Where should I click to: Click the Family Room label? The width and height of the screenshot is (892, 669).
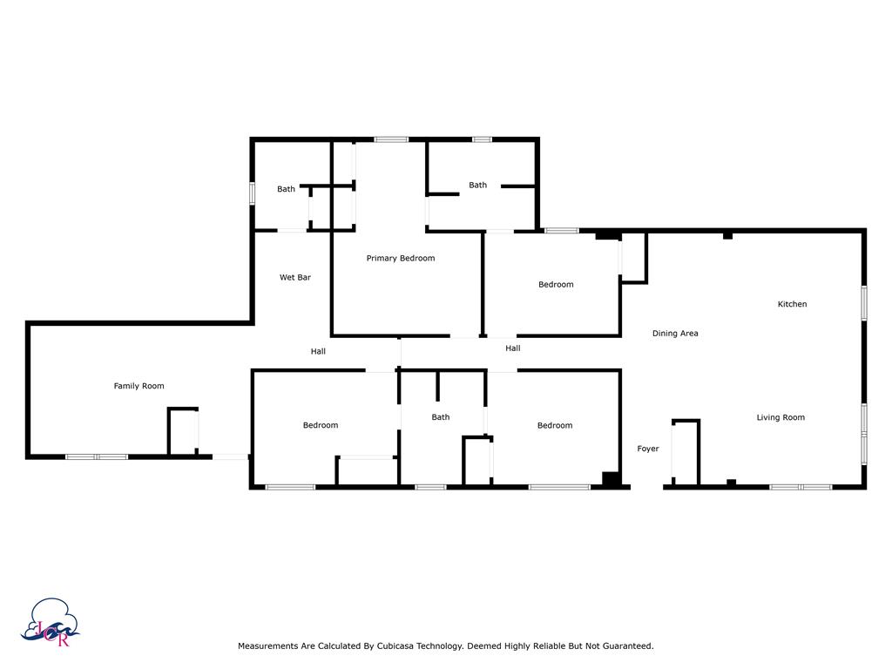(139, 386)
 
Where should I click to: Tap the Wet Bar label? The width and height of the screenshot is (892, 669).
(294, 277)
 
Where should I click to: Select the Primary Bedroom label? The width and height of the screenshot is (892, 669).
(401, 258)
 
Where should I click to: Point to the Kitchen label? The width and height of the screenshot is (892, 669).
(792, 304)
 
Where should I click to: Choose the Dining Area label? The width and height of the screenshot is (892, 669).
(675, 334)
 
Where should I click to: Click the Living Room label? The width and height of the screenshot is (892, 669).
(780, 417)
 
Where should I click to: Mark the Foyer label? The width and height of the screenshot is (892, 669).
(648, 449)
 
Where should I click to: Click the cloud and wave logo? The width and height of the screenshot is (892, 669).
(50, 622)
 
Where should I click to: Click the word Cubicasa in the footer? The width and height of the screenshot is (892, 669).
(395, 645)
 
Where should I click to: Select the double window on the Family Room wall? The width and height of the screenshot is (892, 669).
(97, 456)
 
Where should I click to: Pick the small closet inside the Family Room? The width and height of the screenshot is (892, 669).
(183, 431)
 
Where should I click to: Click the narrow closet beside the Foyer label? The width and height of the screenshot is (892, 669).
(686, 453)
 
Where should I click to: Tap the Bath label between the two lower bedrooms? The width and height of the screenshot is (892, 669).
(440, 417)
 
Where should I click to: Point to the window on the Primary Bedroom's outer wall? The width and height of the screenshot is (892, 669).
(391, 139)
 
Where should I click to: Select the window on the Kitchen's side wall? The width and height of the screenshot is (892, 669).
(863, 303)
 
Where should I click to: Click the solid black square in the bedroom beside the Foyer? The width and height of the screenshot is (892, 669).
(611, 479)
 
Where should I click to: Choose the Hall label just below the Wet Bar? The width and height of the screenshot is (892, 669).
(318, 351)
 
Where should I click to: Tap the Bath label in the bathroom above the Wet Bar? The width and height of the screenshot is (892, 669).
(286, 189)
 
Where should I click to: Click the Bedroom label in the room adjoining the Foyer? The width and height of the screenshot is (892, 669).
(555, 425)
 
